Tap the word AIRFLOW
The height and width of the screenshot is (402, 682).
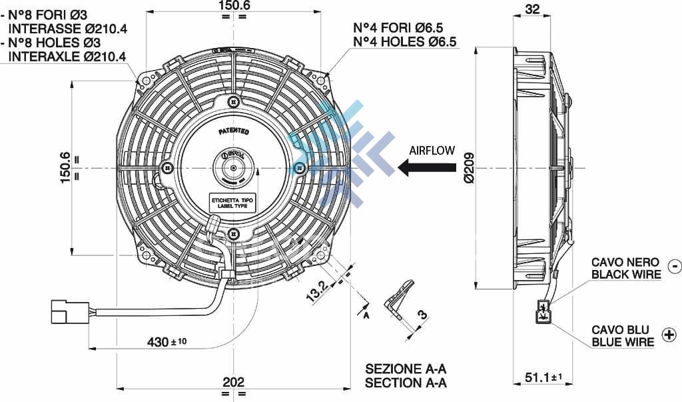432,151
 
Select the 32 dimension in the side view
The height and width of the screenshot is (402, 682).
532,9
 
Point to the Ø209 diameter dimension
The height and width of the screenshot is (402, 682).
469,168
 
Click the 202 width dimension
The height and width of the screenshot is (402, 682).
232,382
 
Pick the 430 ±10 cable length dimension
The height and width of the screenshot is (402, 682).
167,342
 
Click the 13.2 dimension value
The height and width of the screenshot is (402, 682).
317,291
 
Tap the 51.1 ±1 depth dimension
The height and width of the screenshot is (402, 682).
543,377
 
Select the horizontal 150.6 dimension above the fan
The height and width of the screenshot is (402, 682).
233,6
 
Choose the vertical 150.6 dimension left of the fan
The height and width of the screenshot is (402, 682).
65,167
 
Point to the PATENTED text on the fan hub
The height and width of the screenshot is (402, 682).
234,131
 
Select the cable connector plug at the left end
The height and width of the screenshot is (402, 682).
69,311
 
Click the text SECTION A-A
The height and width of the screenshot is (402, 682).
406,383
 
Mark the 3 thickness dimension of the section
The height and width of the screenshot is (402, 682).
421,315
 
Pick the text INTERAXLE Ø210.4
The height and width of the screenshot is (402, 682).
67,57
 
